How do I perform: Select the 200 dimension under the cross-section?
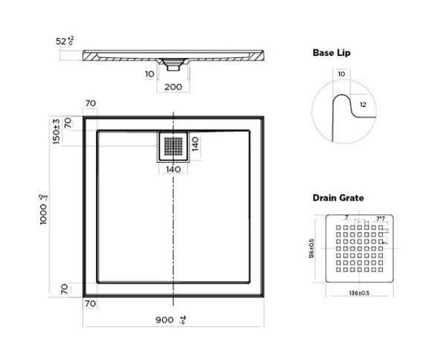pyautogui.click(x=172, y=86)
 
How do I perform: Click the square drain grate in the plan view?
pyautogui.click(x=173, y=147)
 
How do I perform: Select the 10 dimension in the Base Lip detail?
pyautogui.click(x=341, y=74)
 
